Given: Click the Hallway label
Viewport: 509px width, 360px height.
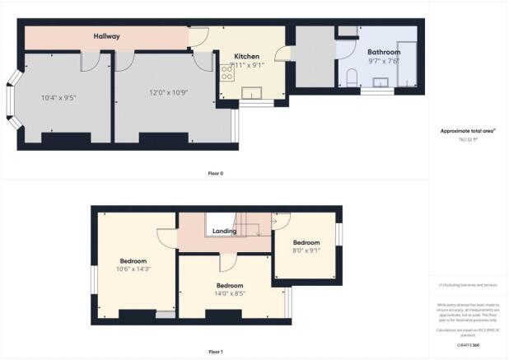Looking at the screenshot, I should tap(106, 37).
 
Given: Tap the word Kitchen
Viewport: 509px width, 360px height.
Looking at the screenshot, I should tap(247, 57).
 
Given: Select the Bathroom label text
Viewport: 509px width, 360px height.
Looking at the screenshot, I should tap(384, 52).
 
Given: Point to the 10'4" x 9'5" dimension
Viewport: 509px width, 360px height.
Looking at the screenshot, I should tap(58, 98).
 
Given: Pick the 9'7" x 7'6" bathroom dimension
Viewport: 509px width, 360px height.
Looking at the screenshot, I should tap(383, 60).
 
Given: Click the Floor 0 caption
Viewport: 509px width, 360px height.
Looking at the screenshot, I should tap(216, 173).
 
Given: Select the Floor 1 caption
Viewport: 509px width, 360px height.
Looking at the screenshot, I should tap(216, 352).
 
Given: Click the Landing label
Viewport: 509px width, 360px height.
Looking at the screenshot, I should tap(224, 231).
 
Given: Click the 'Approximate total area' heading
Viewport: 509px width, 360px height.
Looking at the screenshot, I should tap(467, 131).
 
